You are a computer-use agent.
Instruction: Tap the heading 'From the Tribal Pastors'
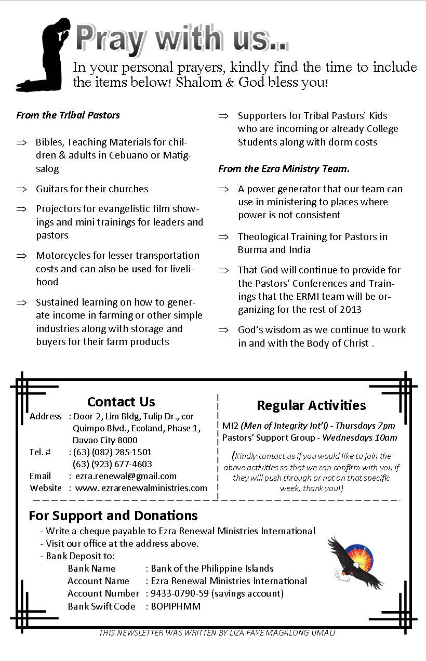pos(68,115)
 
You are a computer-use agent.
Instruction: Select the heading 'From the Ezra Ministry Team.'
pos(284,168)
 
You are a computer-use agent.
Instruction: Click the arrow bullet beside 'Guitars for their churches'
pos(21,189)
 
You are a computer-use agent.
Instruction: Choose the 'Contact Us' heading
pos(121,402)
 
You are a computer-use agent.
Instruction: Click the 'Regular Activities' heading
pos(311,405)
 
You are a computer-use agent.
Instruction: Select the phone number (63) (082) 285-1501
pos(113,452)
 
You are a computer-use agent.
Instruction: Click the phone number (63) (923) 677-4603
pos(113,464)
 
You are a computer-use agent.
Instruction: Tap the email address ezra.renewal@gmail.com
pos(126,476)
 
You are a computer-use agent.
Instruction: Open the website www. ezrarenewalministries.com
pos(141,488)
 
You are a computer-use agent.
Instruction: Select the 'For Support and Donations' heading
pos(113,515)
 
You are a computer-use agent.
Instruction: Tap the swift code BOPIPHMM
pos(176,606)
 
